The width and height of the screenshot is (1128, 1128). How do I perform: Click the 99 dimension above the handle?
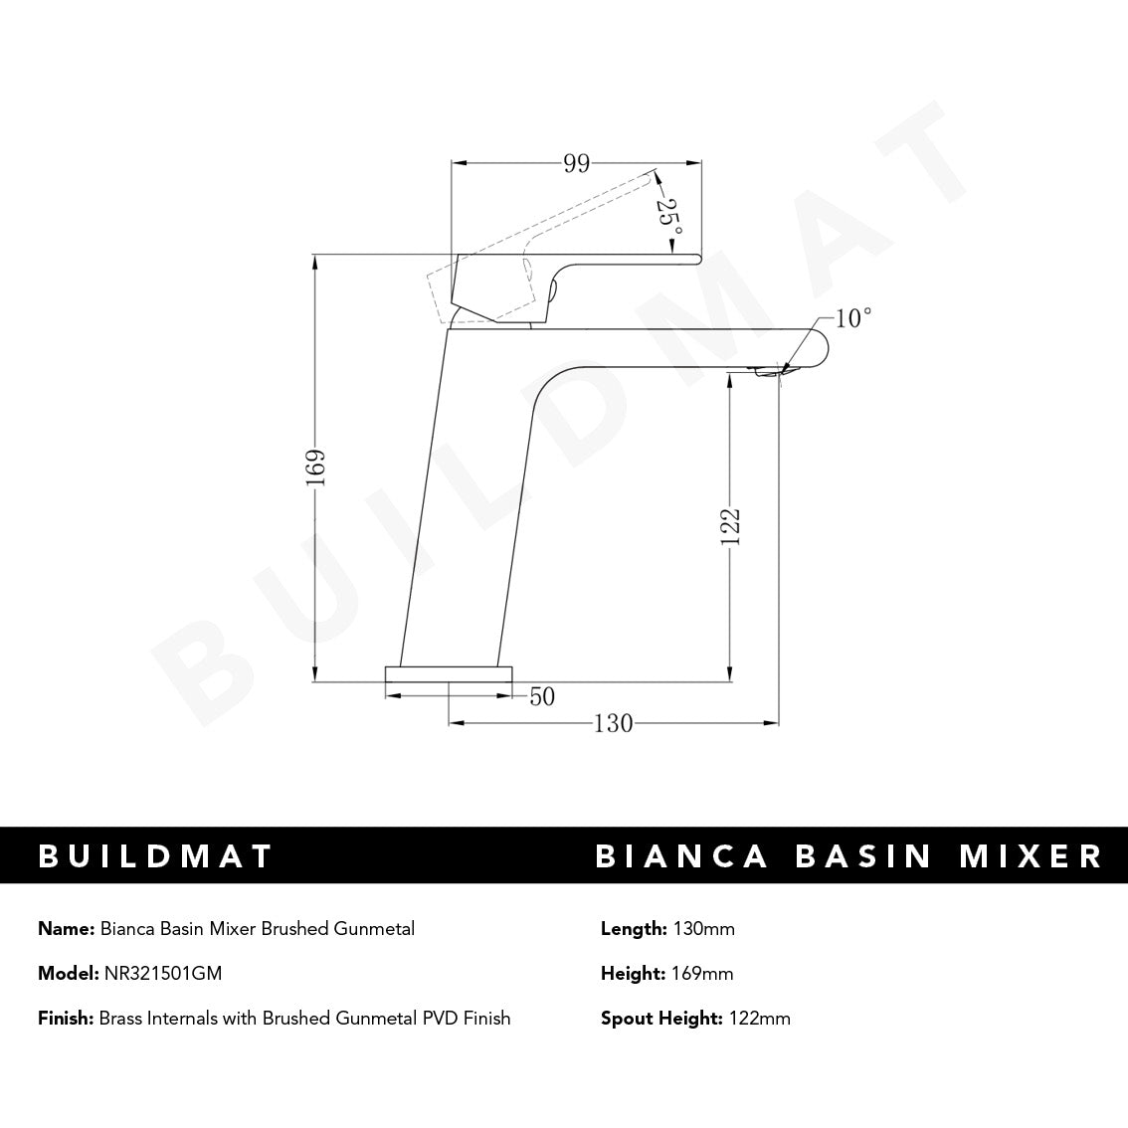[577, 164]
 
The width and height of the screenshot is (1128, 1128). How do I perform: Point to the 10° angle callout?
[852, 318]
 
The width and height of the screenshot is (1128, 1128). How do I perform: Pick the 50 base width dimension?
[541, 697]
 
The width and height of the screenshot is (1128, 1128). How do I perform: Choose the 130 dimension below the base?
[613, 724]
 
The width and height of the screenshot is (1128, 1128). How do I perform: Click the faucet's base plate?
[449, 673]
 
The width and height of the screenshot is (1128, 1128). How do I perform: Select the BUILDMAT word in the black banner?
[155, 856]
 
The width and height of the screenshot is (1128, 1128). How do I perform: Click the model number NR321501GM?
[163, 974]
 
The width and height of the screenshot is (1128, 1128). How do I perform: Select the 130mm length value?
[703, 929]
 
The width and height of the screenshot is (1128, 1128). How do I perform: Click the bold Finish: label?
[66, 1019]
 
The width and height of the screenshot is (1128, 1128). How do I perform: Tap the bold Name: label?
[67, 929]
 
